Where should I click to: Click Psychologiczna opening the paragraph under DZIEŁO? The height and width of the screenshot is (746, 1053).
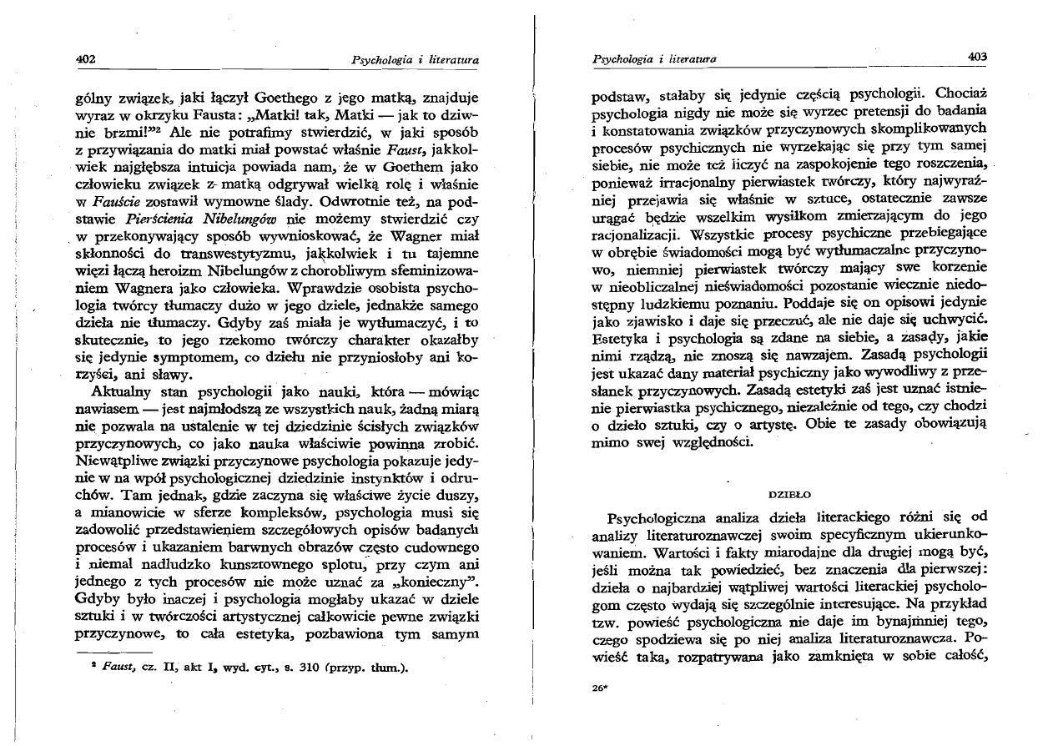point(665,517)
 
